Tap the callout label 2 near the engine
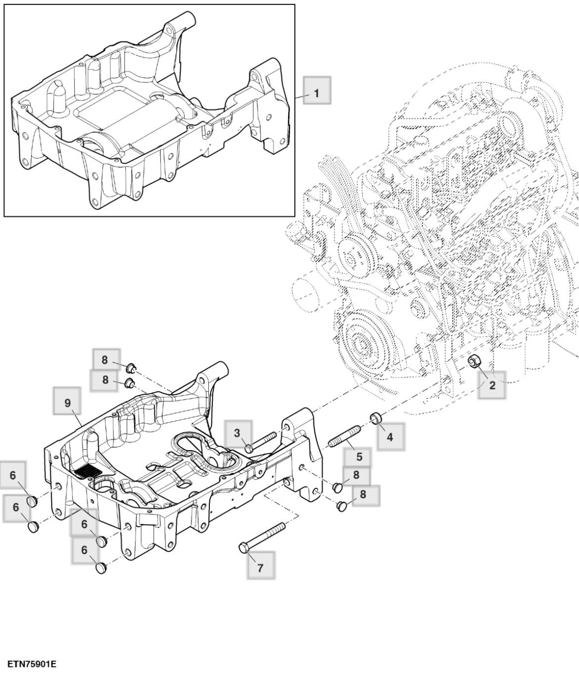coord(492,385)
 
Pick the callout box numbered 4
coord(390,436)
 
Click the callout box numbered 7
coord(261,567)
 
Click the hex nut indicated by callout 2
coord(474,363)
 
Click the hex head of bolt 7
coord(244,548)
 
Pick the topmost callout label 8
coord(105,360)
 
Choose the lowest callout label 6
coord(84,550)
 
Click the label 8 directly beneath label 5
coord(356,475)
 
